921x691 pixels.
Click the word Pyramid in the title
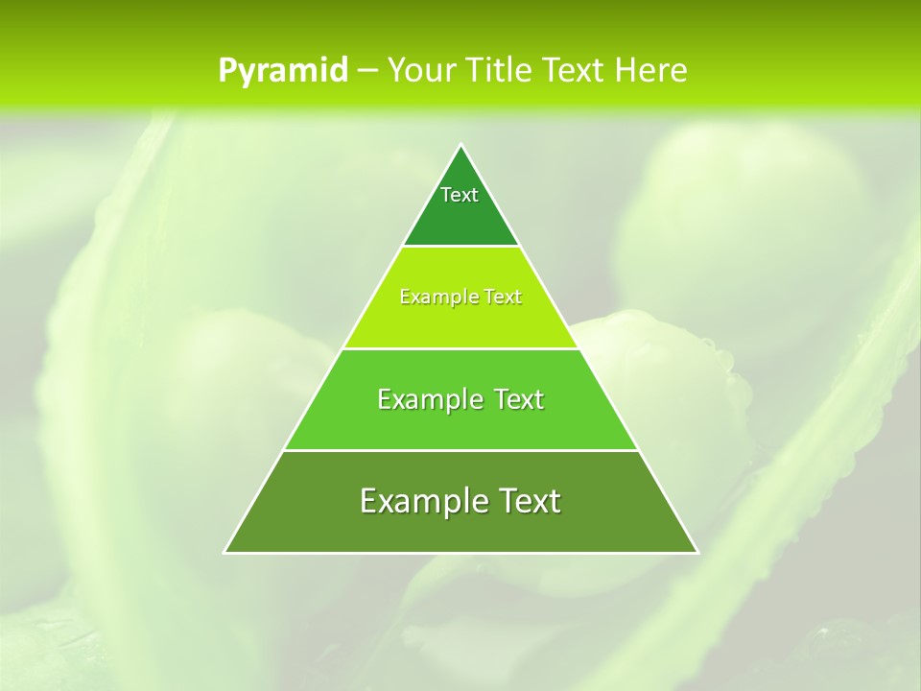point(283,71)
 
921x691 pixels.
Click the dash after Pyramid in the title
point(367,71)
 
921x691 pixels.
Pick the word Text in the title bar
point(577,70)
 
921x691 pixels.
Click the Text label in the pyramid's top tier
point(460,195)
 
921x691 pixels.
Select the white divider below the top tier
point(461,246)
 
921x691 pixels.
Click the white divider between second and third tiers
point(461,348)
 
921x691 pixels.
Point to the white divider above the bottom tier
point(461,450)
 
